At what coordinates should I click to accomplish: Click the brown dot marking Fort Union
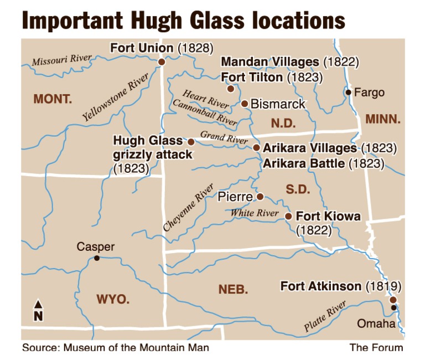162,62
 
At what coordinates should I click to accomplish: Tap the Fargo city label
369,92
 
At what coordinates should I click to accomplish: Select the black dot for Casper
97,258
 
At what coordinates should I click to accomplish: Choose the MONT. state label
53,99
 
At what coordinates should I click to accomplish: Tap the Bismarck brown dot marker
245,104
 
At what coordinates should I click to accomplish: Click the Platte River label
325,317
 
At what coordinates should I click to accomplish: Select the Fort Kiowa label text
328,216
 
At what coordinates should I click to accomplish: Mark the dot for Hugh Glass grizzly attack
191,142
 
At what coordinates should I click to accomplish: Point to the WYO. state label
113,300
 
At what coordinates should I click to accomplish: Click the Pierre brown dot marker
260,197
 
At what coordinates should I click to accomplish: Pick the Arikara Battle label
323,163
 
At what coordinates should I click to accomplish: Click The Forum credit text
376,347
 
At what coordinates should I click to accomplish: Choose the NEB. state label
233,289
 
